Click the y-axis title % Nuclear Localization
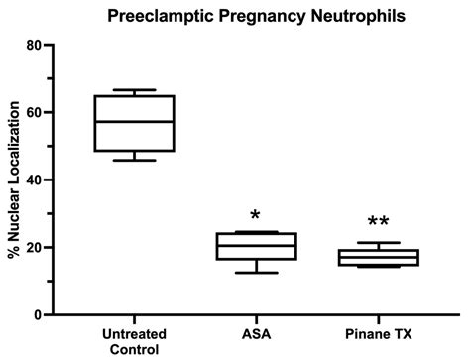(x=14, y=180)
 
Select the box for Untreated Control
(x=134, y=123)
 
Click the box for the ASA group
(x=257, y=246)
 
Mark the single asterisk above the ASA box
(x=256, y=216)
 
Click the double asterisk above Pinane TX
(x=378, y=223)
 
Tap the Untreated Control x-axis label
(x=134, y=342)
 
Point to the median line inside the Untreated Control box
(x=134, y=121)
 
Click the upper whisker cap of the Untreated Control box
(x=134, y=90)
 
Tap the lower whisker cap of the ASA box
(x=257, y=273)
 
